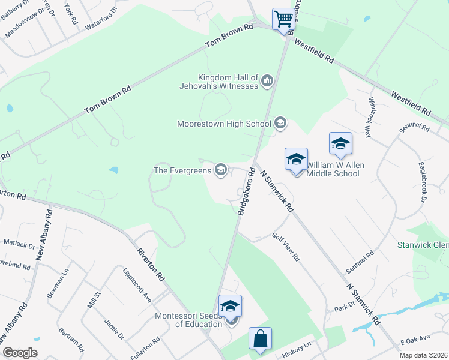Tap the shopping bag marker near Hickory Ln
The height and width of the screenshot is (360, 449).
tap(260, 338)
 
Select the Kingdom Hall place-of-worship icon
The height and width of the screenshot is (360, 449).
tap(267, 80)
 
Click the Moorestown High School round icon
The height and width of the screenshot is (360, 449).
tap(280, 124)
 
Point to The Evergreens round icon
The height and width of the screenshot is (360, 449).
tap(221, 170)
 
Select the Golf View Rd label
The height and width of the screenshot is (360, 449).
tap(286, 247)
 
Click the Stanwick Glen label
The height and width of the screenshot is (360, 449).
tap(423, 245)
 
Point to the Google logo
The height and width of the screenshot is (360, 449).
tap(19, 353)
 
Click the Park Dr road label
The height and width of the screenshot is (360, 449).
tap(345, 308)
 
